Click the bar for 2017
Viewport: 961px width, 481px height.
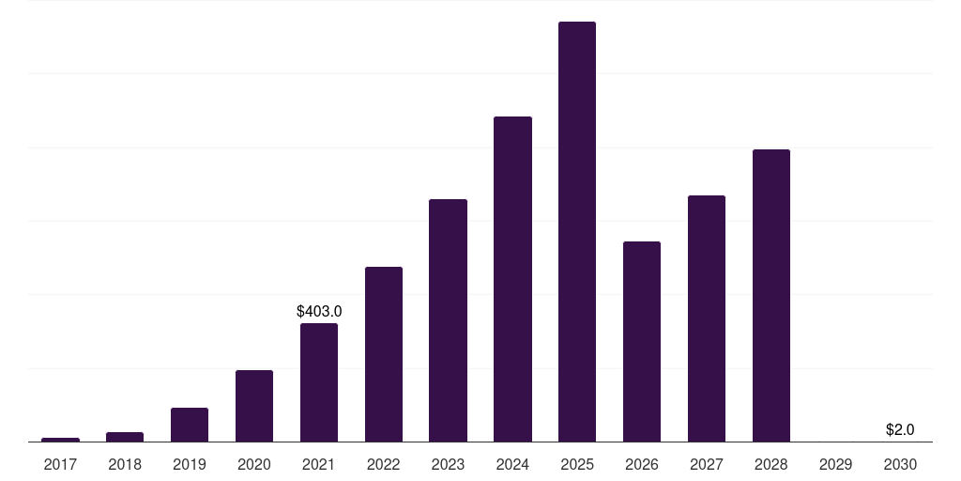(x=60, y=440)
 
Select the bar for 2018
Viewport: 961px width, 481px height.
(x=125, y=437)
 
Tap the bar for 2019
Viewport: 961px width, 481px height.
(x=190, y=425)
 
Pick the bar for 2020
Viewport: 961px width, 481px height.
(x=254, y=406)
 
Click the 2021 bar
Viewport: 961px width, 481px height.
(x=319, y=382)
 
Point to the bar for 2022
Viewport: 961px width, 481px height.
(x=384, y=354)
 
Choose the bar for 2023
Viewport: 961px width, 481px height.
(x=448, y=320)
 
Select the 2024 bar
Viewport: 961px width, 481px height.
(x=512, y=279)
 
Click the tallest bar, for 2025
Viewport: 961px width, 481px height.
(x=577, y=231)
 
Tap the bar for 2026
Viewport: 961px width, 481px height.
(x=642, y=342)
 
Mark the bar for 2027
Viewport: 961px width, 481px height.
(x=707, y=318)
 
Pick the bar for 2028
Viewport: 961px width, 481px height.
(x=771, y=296)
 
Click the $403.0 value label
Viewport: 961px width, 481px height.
(x=319, y=312)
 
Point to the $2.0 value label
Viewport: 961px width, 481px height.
(x=900, y=430)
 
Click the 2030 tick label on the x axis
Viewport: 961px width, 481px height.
(x=900, y=464)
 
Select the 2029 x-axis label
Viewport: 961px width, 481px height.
(x=836, y=464)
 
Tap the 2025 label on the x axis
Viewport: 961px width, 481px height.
(x=577, y=464)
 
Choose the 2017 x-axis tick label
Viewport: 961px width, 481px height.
(x=60, y=464)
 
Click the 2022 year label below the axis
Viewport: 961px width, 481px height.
(x=384, y=464)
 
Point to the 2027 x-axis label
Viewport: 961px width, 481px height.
(x=707, y=464)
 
